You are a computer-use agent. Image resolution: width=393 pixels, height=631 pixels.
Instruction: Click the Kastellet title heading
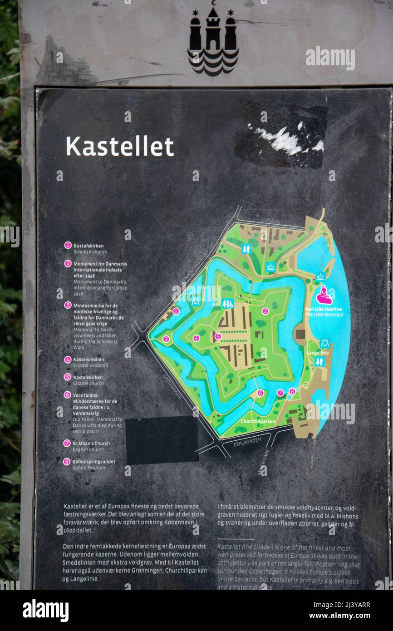pos(120,147)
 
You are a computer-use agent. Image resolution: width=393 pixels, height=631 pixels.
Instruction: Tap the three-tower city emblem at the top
pos(213,40)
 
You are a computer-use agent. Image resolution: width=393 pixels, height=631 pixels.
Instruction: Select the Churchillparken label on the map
pos(258,422)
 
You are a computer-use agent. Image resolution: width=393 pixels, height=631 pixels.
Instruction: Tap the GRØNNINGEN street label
pos(172,386)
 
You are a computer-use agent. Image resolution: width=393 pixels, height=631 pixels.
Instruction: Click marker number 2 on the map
pos(265,311)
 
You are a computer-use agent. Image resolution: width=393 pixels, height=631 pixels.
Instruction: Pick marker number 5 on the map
pos(218,336)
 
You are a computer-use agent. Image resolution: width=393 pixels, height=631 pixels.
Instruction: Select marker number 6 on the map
pos(260,393)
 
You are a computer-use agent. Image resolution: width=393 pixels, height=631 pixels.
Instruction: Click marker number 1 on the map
pos(176,311)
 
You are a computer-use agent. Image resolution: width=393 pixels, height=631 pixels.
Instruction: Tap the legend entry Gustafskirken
pos(88,246)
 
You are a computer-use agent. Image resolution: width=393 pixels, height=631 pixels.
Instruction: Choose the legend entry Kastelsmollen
pos(88,360)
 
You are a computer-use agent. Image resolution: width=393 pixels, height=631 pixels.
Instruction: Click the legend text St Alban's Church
pos(91,444)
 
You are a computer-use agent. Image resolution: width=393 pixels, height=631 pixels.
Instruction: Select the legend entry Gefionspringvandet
pos(94,462)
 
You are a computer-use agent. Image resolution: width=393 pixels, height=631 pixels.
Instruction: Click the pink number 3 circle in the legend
pos(68,305)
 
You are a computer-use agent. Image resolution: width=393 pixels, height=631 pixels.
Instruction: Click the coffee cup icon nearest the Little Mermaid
pos(320,276)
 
